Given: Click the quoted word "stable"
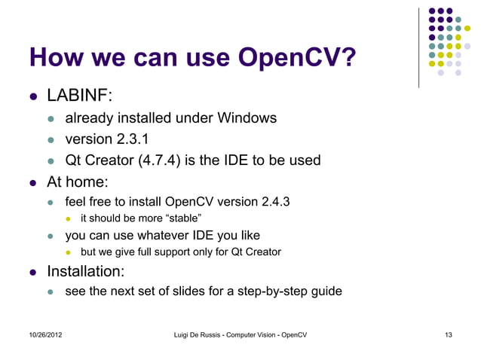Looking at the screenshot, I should [179, 218].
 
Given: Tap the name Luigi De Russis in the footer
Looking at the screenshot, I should [200, 334].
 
